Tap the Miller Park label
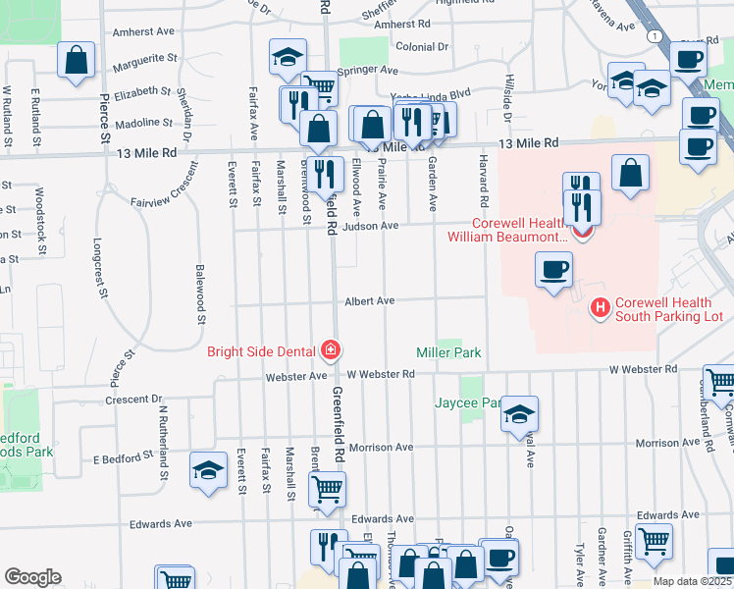[448, 351]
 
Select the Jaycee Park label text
[469, 402]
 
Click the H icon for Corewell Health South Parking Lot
[600, 309]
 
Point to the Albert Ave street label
[368, 301]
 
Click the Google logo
[32, 576]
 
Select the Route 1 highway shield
[654, 36]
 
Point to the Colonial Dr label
[421, 46]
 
